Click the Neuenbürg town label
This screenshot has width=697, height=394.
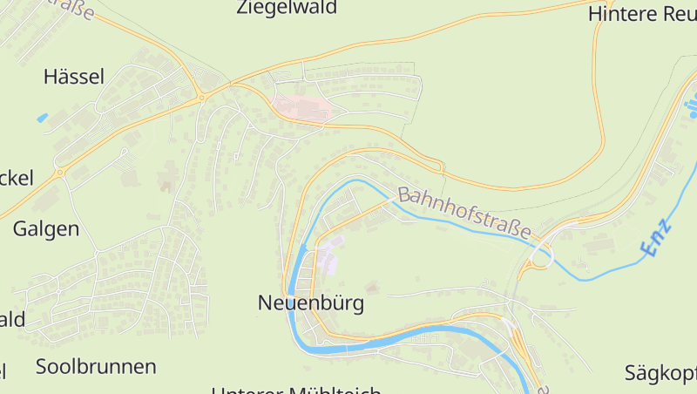310,303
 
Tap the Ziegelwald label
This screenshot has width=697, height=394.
287,8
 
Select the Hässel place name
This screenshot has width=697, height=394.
74,77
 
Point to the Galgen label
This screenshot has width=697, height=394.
46,229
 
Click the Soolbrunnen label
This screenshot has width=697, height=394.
96,366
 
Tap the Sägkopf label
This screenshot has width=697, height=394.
660,374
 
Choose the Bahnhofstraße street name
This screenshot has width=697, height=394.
464,213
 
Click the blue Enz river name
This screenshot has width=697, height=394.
658,236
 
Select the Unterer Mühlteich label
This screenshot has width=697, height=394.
296,390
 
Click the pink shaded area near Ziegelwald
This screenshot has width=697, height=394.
302,108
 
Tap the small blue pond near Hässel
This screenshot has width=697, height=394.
43,117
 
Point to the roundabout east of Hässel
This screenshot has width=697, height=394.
202,97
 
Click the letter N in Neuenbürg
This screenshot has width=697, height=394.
265,303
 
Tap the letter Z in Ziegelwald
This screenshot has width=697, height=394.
243,8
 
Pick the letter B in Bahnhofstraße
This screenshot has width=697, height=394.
403,195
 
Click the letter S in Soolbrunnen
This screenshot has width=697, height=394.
42,366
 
